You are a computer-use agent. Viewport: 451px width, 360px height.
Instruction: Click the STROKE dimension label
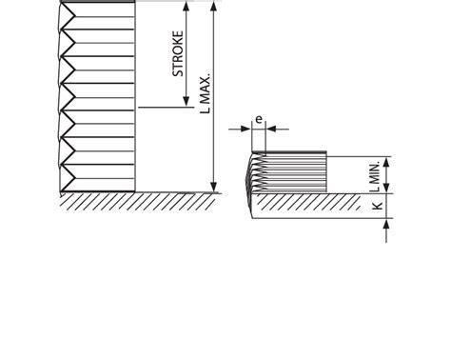pyautogui.click(x=178, y=53)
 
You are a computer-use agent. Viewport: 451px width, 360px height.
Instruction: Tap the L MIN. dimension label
pyautogui.click(x=375, y=176)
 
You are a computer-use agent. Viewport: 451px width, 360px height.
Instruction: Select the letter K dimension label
pyautogui.click(x=378, y=206)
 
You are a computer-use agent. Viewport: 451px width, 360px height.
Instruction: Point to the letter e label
pyautogui.click(x=259, y=119)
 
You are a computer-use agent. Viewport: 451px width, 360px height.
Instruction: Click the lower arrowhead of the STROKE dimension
pyautogui.click(x=186, y=101)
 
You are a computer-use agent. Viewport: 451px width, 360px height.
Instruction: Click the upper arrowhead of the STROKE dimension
pyautogui.click(x=186, y=7)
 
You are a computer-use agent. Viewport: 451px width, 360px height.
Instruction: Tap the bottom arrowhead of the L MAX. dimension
pyautogui.click(x=214, y=187)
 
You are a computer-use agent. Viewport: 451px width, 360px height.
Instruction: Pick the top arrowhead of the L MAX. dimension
pyautogui.click(x=214, y=7)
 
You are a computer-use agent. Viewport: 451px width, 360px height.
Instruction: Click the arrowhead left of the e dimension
pyautogui.click(x=245, y=129)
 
